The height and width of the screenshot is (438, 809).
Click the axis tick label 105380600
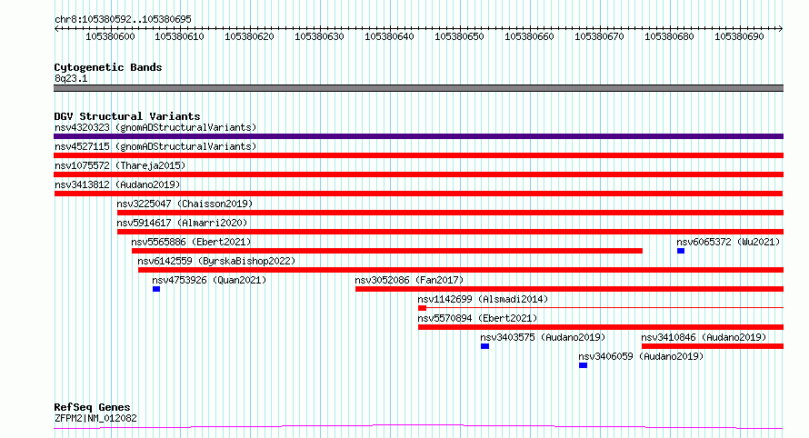(110, 36)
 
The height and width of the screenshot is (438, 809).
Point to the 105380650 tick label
(459, 36)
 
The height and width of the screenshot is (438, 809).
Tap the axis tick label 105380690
(739, 36)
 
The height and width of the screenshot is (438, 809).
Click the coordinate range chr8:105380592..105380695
(123, 19)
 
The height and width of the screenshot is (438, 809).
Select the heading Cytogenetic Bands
(108, 67)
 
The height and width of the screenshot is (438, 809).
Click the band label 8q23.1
(71, 78)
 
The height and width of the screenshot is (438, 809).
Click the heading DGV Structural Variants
(127, 116)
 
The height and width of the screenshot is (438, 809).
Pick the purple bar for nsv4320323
(418, 136)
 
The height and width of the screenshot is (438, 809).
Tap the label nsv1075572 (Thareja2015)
(120, 165)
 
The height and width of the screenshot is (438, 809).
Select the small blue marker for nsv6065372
(681, 251)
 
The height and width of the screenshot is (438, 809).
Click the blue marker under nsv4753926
(156, 289)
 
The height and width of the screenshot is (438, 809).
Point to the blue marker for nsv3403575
(485, 346)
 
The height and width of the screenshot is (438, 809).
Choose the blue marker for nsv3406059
(583, 365)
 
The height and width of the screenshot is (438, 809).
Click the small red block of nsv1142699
(422, 308)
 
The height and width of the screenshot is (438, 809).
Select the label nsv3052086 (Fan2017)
(409, 280)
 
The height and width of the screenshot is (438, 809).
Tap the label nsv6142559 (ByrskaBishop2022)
(216, 261)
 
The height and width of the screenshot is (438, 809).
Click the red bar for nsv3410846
(713, 346)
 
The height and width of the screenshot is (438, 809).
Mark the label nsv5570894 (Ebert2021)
(477, 318)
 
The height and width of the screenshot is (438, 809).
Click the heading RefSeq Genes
(93, 407)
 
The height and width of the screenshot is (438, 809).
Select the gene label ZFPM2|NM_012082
(96, 418)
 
